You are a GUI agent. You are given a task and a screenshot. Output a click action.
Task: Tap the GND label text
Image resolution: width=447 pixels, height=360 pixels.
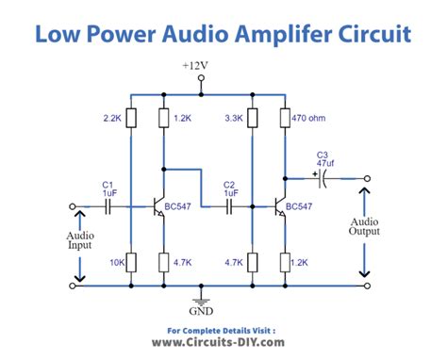[x=200, y=310]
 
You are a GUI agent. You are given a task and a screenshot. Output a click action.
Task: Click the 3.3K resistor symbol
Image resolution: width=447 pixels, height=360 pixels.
[x=252, y=118]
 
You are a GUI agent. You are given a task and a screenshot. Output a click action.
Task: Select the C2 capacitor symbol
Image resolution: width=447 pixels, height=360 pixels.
[x=230, y=205]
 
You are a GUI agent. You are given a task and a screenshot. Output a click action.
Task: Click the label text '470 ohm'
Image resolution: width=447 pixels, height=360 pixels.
[x=312, y=118]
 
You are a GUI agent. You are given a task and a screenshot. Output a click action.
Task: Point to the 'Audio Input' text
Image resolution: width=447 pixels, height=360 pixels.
[x=79, y=240]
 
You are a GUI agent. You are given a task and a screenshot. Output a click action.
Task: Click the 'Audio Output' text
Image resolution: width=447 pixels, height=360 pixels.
[x=364, y=228]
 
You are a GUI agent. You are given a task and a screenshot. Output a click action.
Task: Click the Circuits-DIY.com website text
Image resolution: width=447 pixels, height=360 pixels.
[x=223, y=345]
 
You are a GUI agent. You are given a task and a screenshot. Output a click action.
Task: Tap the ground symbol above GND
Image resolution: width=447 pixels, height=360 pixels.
[x=200, y=293]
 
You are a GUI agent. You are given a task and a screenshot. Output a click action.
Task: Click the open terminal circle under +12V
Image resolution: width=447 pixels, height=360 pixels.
[x=200, y=81]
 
